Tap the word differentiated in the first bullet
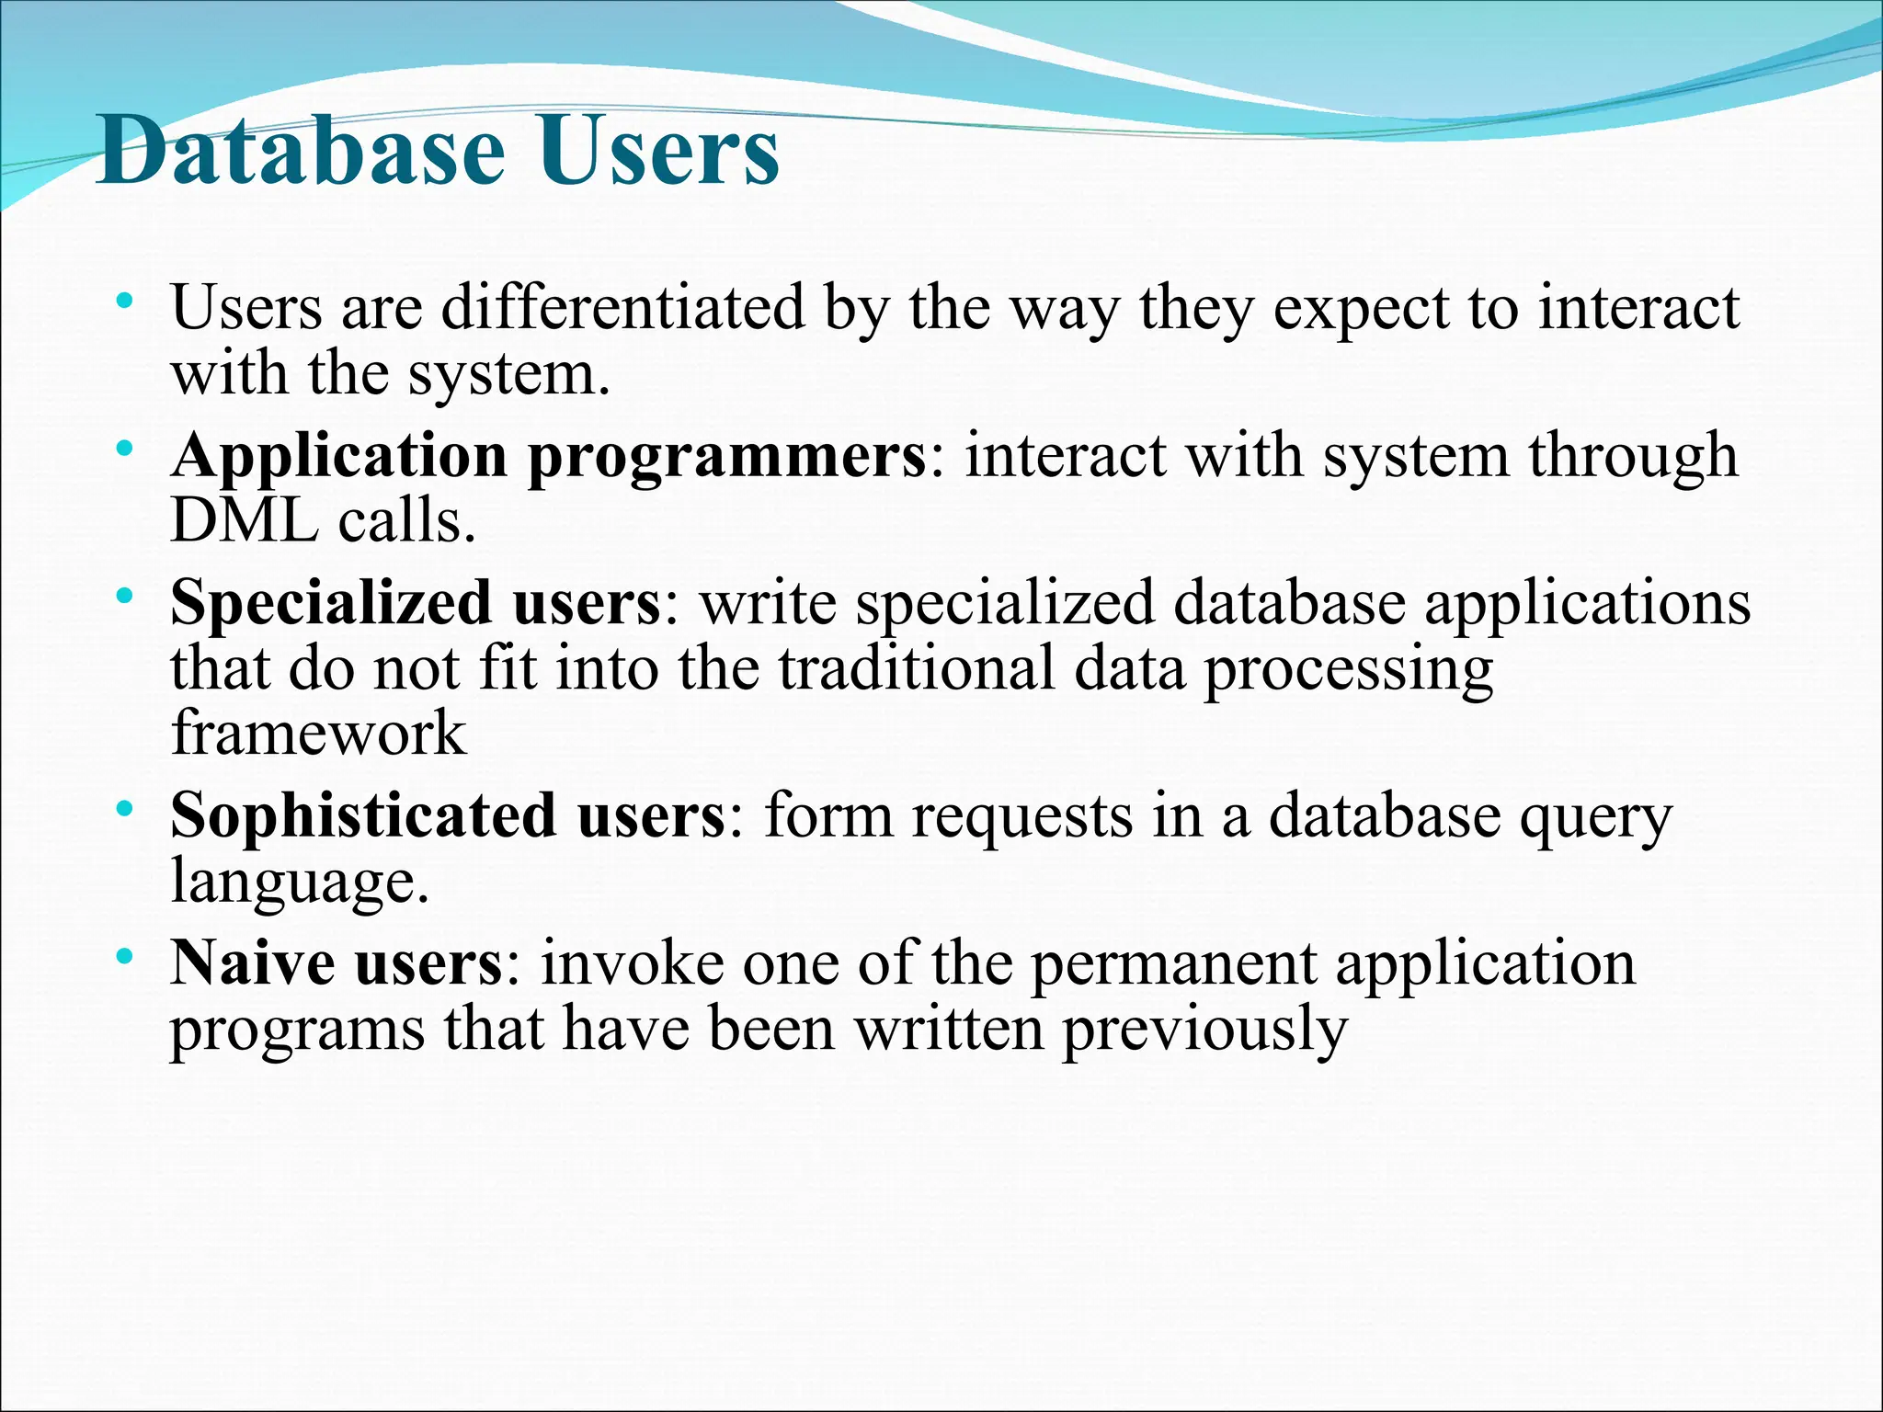(x=622, y=307)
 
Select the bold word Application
(x=338, y=457)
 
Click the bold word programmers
(x=726, y=457)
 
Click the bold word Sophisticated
(x=362, y=815)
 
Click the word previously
(x=1204, y=1030)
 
